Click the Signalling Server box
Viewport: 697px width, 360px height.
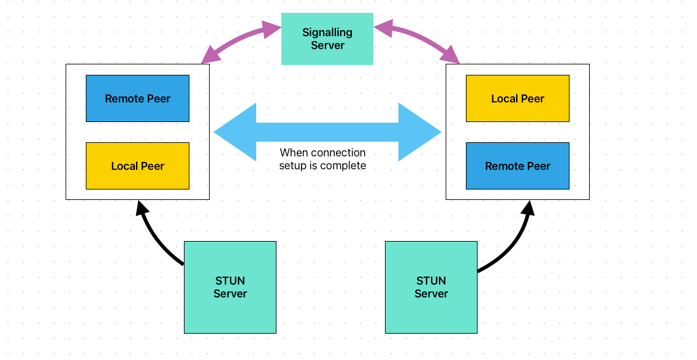click(x=327, y=39)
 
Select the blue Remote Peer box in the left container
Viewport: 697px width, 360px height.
click(x=137, y=99)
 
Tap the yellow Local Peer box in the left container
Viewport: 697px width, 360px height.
click(x=137, y=166)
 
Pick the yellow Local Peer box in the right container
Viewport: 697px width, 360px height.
click(x=517, y=99)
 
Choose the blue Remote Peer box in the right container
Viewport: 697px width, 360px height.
click(x=517, y=166)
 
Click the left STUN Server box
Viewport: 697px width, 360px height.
click(x=230, y=287)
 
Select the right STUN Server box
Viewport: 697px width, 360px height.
click(x=431, y=287)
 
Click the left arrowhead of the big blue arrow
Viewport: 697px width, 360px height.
click(x=236, y=132)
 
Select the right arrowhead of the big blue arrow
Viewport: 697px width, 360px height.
click(x=420, y=132)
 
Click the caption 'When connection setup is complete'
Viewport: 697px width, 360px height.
click(x=322, y=159)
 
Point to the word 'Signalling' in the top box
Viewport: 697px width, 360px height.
click(x=327, y=33)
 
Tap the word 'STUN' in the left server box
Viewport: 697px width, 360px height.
click(x=230, y=281)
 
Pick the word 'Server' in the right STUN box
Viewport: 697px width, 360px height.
click(x=431, y=294)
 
